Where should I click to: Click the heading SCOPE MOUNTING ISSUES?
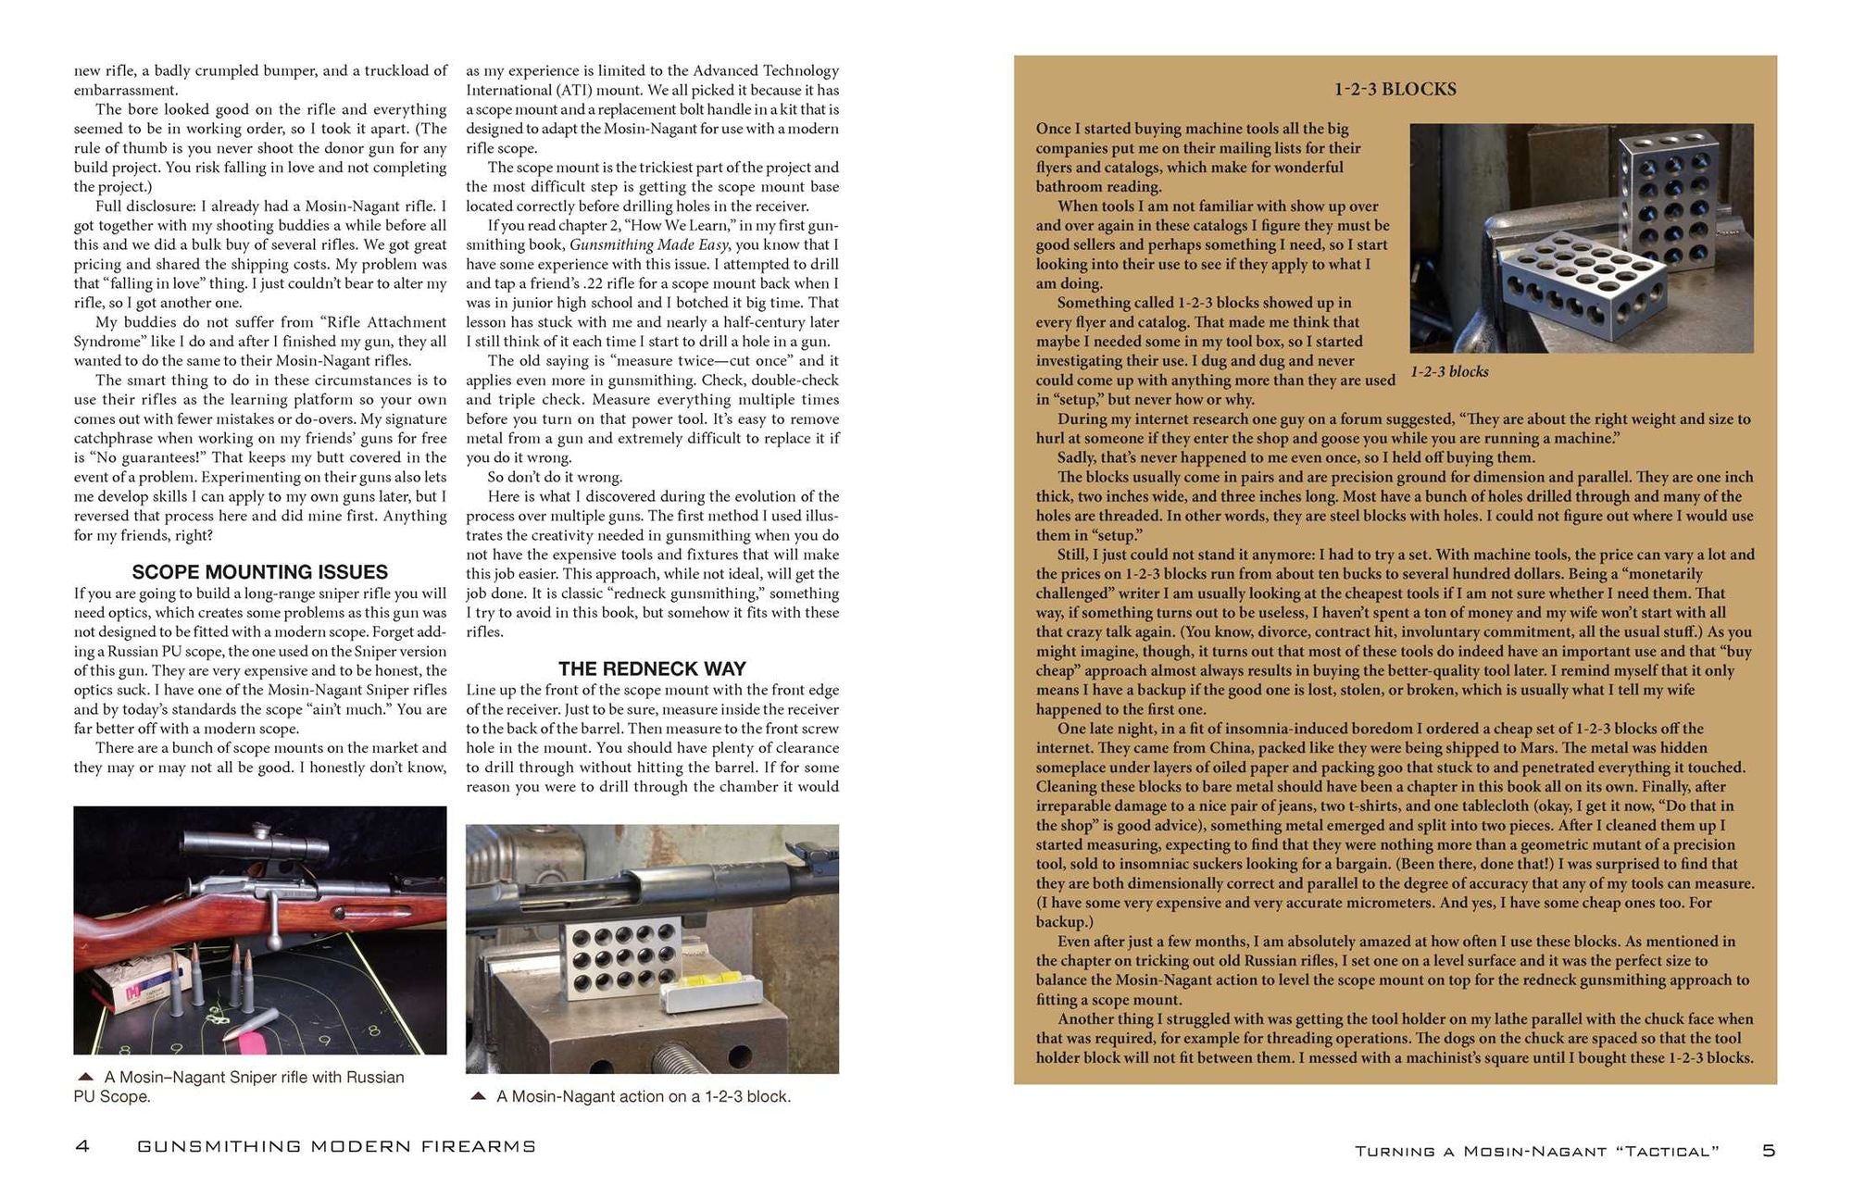pos(259,572)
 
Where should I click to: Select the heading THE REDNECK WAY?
pos(652,668)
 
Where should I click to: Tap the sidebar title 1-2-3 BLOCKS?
pos(1395,90)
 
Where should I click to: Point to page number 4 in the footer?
pos(82,1147)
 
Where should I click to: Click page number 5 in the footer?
pos(1769,1151)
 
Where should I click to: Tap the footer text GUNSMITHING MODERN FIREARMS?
pos(337,1147)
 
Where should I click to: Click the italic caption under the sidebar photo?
pos(1449,372)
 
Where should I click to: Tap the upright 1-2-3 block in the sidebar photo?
pos(1671,198)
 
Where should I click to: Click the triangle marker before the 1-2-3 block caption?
pos(479,1096)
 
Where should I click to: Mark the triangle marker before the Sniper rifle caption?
pos(86,1077)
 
